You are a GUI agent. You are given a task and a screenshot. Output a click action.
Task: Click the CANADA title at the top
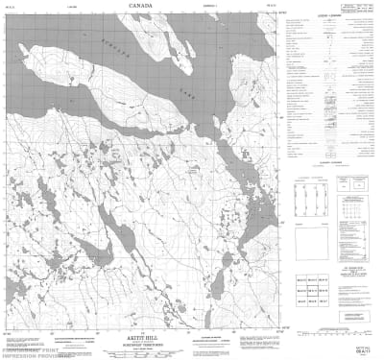pos(144,5)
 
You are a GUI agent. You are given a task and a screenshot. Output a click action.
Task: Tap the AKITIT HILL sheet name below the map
pos(144,327)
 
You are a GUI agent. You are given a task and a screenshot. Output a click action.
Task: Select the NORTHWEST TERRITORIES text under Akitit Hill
pos(144,333)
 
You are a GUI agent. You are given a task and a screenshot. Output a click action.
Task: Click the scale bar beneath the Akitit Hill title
pos(144,341)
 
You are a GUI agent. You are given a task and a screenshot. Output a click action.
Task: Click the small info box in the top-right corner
pos(364,11)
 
